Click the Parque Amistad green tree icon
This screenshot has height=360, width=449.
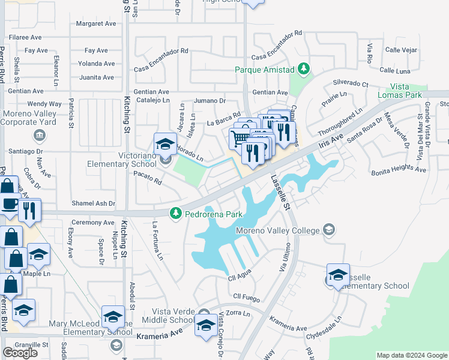[304, 69]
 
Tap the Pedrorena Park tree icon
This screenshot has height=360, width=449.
[175, 214]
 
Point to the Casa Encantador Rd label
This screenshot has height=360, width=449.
[161, 51]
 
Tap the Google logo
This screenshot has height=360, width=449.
[20, 353]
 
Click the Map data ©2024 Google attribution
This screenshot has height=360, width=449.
[412, 355]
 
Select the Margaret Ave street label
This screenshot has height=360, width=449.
[95, 24]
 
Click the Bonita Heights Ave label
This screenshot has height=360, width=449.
[398, 170]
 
